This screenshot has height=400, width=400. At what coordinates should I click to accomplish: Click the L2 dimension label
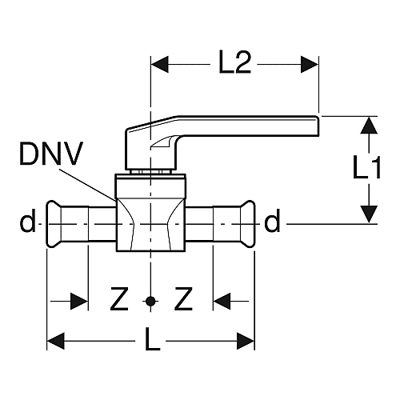point(234,62)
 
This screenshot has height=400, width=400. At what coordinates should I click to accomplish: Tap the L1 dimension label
point(366,167)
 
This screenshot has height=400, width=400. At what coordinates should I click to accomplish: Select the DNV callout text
point(51,154)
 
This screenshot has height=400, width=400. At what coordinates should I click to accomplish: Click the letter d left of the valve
point(27,220)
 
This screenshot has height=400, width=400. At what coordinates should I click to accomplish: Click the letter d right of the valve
point(272,220)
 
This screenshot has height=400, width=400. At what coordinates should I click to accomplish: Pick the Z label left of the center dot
point(119,298)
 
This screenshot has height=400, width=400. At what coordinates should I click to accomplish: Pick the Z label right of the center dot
point(183,298)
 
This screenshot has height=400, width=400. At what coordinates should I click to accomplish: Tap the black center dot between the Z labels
point(150,302)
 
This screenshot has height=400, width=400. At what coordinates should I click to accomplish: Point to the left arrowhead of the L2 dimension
point(159,64)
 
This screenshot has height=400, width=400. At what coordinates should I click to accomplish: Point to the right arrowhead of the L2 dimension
point(310,64)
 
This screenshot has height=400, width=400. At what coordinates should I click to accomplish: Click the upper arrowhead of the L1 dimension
point(369,125)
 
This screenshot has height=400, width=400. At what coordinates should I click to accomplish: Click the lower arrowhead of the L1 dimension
point(369,214)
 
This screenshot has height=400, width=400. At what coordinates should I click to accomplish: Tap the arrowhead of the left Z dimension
point(79,302)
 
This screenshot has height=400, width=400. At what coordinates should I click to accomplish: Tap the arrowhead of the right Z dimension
point(222,302)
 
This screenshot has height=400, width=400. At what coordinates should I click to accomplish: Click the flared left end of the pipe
point(54,224)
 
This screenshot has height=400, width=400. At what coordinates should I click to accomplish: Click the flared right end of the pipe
point(248,224)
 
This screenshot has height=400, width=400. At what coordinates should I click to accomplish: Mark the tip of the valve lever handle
point(318,126)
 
